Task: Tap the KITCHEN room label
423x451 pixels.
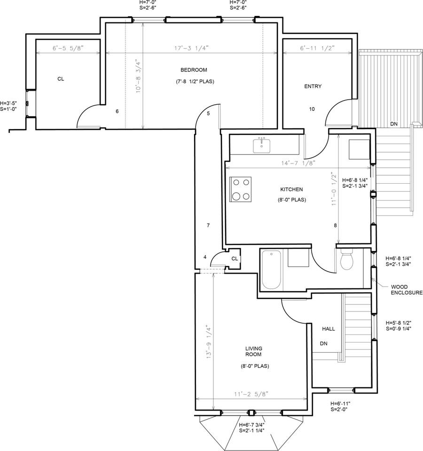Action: [x=291, y=189]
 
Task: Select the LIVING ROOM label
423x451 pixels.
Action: [x=253, y=351]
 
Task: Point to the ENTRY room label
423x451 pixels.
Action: [x=313, y=86]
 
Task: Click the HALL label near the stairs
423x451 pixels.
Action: [x=329, y=329]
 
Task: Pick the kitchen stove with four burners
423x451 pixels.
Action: [x=241, y=189]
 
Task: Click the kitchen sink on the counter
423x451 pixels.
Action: [x=262, y=146]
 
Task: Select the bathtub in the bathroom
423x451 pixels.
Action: [x=271, y=270]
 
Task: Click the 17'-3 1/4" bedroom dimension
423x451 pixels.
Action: [x=191, y=48]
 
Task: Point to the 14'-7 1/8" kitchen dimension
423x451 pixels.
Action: [x=298, y=163]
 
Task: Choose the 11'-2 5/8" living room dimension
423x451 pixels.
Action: [x=251, y=394]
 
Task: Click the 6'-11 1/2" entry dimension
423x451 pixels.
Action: [x=317, y=48]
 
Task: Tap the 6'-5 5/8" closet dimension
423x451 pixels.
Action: [x=68, y=48]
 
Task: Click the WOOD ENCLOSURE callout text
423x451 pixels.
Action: [x=407, y=290]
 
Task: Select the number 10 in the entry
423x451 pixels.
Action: [x=312, y=109]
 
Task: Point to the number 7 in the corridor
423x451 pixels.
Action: [x=208, y=225]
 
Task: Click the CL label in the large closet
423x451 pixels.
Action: [x=61, y=79]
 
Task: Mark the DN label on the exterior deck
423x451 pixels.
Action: [x=394, y=124]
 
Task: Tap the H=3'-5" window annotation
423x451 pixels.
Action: [x=8, y=103]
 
